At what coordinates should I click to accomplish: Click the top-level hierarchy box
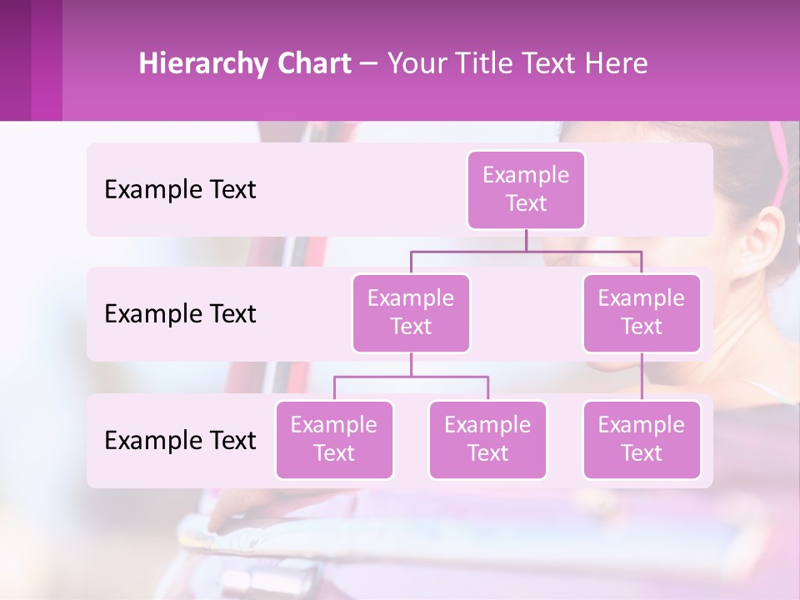pyautogui.click(x=526, y=189)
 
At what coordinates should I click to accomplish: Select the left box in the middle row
pyautogui.click(x=411, y=312)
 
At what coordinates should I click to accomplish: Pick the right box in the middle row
pyautogui.click(x=642, y=312)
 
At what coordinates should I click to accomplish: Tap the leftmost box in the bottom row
pyautogui.click(x=334, y=439)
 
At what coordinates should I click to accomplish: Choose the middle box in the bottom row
pyautogui.click(x=487, y=439)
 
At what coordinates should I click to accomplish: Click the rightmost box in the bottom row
pyautogui.click(x=642, y=439)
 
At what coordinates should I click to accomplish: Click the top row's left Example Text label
pyautogui.click(x=180, y=190)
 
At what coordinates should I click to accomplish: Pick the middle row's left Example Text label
pyautogui.click(x=180, y=314)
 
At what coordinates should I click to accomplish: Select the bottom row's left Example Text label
pyautogui.click(x=180, y=440)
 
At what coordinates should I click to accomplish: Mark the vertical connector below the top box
pyautogui.click(x=526, y=240)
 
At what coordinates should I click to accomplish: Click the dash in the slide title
pyautogui.click(x=369, y=64)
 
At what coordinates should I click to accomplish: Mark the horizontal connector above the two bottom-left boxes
pyautogui.click(x=411, y=377)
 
